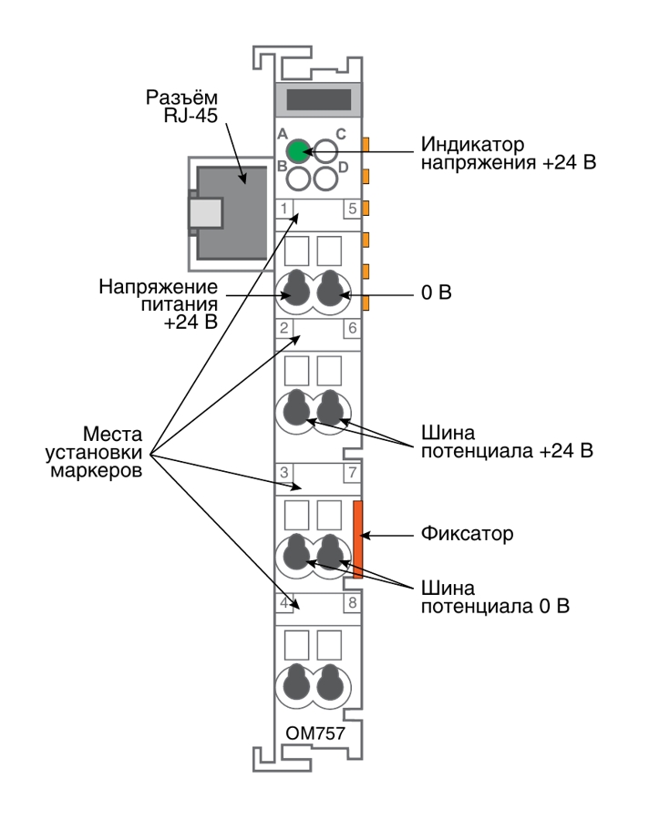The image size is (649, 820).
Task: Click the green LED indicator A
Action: (298, 151)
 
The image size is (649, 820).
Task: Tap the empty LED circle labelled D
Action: (325, 179)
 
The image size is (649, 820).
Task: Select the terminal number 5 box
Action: (352, 208)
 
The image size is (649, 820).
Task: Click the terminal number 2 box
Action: (284, 328)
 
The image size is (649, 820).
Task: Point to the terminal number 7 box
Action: (352, 473)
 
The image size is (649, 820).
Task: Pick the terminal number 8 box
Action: (352, 603)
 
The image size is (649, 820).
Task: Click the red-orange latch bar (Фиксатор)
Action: (358, 539)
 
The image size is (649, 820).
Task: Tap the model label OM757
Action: (315, 733)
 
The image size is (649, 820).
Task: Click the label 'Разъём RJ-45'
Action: (181, 107)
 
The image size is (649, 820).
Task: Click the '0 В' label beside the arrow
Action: (437, 292)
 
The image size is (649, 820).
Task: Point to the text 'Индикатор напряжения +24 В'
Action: (509, 153)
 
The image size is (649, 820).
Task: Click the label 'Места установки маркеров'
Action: (94, 452)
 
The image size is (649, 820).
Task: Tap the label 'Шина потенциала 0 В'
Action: (495, 597)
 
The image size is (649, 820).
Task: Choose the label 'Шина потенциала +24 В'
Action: (507, 442)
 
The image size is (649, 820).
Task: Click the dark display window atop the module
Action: (319, 99)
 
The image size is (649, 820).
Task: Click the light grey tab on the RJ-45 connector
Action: (206, 213)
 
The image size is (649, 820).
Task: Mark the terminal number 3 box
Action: (284, 473)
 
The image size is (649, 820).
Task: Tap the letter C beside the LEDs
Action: (341, 135)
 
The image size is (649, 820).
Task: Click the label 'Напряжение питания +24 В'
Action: (158, 304)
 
